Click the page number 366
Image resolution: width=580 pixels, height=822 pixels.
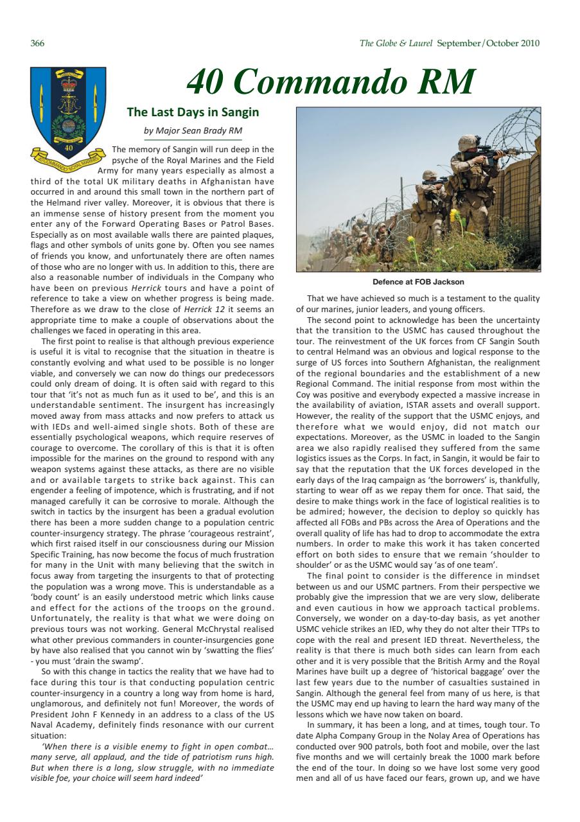pos(37,43)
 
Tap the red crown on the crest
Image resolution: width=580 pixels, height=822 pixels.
pos(68,85)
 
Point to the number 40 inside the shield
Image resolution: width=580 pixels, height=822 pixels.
pos(69,147)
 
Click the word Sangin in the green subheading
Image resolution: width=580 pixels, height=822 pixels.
pos(238,112)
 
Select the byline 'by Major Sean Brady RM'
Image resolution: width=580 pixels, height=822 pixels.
pos(193,131)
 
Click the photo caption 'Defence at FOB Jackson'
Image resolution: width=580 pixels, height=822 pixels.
pos(418,282)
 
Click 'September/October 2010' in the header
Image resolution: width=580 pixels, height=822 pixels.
pos(488,43)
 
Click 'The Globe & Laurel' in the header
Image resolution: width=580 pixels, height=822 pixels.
pos(397,43)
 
